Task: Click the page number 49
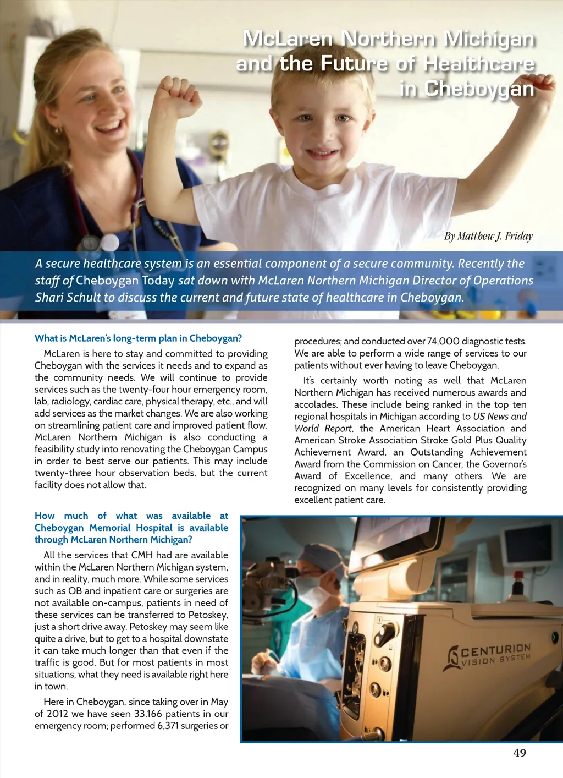pos(520,753)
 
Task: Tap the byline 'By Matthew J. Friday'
pos(488,236)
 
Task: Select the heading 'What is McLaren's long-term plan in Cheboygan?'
pos(138,338)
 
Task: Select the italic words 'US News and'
pos(500,417)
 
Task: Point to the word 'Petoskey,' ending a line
pos(208,615)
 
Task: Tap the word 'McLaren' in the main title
pos(288,39)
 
